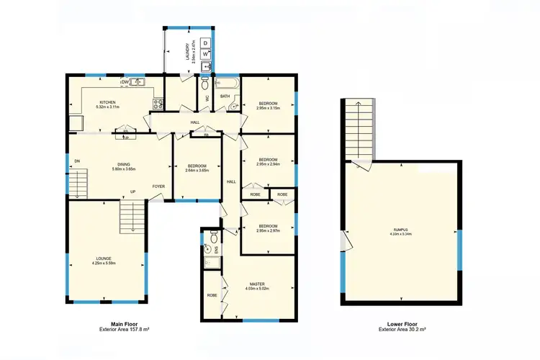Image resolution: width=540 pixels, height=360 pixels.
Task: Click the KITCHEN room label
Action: pos(107,102)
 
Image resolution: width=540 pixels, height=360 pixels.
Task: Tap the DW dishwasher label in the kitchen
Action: pos(125,82)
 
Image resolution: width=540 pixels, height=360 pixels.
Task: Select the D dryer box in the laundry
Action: pos(205,42)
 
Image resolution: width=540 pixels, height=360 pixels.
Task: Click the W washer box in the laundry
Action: pos(205,54)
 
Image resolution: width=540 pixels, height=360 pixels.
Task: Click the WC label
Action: pos(207,99)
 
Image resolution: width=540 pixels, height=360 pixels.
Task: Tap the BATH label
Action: pos(225,95)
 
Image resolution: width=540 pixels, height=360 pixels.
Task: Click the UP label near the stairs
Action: pos(132,192)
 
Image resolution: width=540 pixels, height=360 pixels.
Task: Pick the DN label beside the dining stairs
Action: pos(76,161)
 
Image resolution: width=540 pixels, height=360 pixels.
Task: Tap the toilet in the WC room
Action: pos(207,84)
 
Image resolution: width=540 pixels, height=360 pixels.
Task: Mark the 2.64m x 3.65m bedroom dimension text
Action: pos(197,170)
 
